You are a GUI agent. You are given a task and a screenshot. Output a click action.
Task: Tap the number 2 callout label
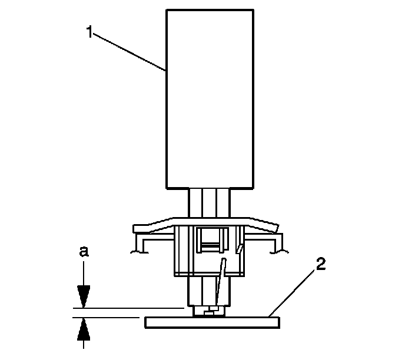[x=321, y=265]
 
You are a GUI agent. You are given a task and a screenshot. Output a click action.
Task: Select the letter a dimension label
[x=84, y=252]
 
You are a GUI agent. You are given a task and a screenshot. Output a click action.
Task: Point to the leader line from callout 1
[x=130, y=52]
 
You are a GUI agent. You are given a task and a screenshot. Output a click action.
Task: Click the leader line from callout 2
[x=294, y=291]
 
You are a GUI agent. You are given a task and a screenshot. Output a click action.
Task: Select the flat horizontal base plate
[x=211, y=322]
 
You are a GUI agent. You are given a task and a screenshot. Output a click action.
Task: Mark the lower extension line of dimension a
[x=106, y=317]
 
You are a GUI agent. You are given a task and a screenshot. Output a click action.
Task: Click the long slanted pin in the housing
[x=219, y=282]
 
